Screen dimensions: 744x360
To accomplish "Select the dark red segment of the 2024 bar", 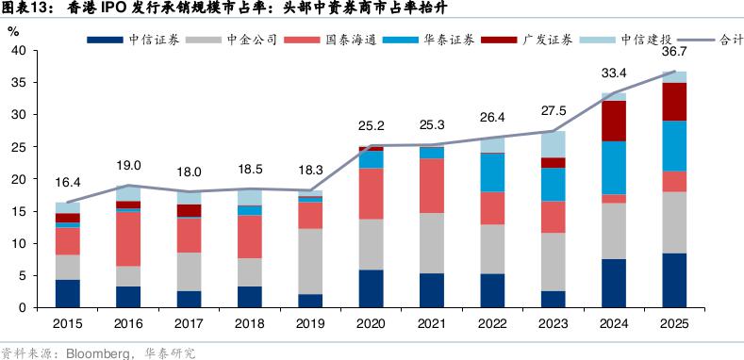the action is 614,121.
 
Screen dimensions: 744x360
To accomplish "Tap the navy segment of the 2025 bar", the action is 674,280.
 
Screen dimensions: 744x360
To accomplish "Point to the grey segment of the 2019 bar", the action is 310,261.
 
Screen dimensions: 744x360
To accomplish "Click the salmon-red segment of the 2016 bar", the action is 128,238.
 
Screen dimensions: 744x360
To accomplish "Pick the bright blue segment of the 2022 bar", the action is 492,172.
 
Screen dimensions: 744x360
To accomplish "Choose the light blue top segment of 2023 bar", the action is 554,144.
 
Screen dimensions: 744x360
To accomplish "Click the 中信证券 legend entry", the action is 133,40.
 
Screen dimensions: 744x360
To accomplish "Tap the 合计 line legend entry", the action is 710,40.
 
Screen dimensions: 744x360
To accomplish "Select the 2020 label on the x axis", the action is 371,324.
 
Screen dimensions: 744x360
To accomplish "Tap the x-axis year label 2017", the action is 189,324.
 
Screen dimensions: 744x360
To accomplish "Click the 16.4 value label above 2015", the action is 68,183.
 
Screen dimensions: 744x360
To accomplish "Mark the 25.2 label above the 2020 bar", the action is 371,126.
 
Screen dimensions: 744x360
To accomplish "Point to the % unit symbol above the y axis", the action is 13,31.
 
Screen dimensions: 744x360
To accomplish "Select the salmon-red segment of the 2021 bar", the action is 432,186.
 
